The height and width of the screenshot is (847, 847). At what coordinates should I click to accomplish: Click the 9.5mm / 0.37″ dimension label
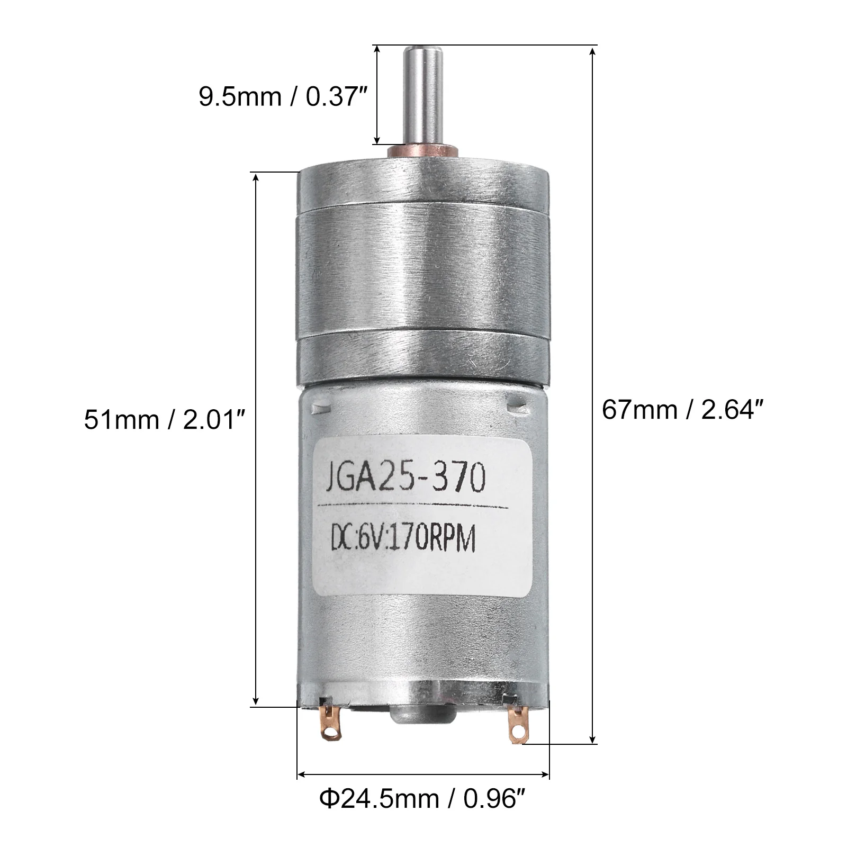(x=283, y=97)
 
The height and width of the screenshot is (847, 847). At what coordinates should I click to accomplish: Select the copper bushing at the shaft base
(x=424, y=152)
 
